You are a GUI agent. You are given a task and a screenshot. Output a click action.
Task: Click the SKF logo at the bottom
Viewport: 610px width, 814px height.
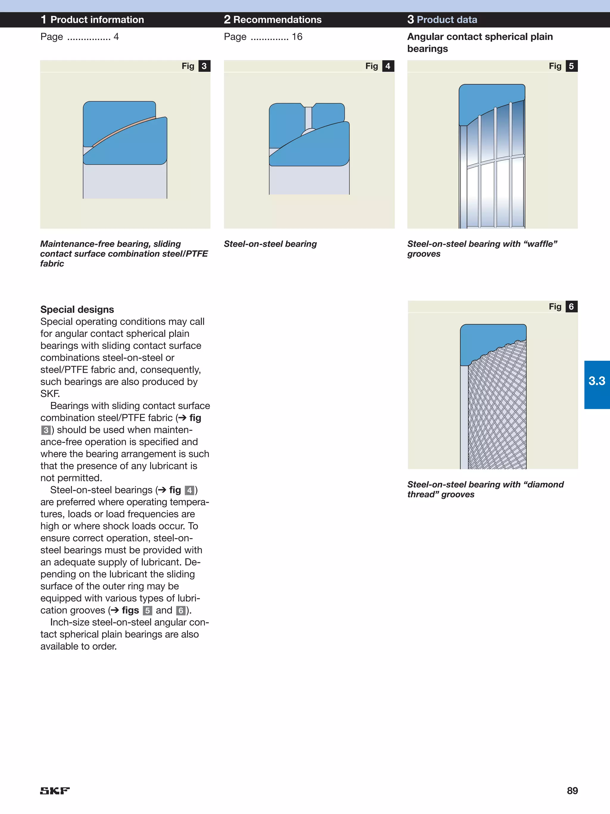(x=55, y=790)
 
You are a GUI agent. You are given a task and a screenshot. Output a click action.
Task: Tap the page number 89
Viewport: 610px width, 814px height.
(x=572, y=790)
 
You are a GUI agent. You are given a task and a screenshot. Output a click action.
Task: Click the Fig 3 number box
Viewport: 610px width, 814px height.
(x=204, y=66)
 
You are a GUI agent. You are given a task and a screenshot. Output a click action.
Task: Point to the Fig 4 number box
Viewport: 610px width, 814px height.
(x=388, y=66)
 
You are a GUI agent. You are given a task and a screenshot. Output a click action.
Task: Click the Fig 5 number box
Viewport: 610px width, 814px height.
(x=571, y=66)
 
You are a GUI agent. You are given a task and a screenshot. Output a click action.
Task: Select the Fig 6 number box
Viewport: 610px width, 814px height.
(x=571, y=307)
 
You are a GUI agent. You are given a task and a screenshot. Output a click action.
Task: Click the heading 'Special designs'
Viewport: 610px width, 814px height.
(x=77, y=309)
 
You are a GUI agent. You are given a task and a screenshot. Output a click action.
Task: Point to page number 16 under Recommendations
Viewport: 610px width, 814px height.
(x=297, y=37)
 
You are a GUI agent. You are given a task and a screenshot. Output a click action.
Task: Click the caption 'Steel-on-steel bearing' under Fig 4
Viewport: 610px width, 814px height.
(x=270, y=244)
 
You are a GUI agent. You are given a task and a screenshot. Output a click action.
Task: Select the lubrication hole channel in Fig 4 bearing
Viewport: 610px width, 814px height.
(x=309, y=118)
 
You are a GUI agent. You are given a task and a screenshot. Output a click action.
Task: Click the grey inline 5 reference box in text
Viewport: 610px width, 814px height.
(x=147, y=611)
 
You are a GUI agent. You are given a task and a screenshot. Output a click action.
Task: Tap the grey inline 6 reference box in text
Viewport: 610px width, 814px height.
(x=180, y=611)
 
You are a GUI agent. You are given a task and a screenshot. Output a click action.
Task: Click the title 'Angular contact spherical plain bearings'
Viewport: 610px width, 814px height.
(x=480, y=43)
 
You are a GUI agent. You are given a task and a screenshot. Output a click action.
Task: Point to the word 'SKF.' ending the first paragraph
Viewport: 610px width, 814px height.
(x=50, y=394)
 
